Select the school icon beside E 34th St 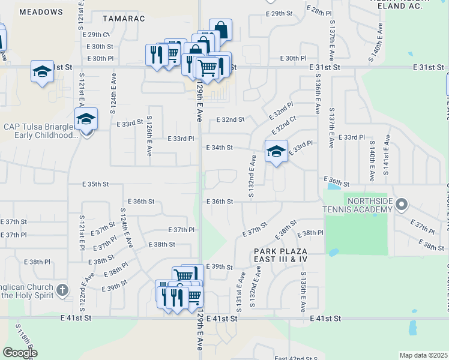pos(276,151)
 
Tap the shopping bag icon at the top pos(220,30)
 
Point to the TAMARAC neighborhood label pos(124,19)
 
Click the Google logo pos(19,353)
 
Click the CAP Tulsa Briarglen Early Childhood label pos(41,131)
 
